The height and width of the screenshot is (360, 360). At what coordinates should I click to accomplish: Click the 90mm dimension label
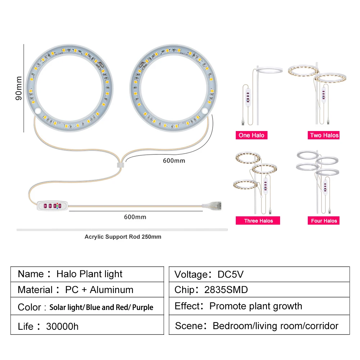coord(19,88)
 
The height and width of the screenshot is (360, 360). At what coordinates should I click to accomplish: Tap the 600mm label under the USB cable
coord(135,217)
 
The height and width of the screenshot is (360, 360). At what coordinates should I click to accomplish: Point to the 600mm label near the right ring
coord(174,160)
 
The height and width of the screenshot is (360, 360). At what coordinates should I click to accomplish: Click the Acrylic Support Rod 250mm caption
coord(123,237)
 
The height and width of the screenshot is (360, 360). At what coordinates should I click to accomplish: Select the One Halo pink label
coord(251,135)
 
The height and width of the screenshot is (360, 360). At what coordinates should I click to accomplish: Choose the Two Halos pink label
coord(324,135)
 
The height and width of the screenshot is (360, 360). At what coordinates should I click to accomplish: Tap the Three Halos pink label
coord(258,221)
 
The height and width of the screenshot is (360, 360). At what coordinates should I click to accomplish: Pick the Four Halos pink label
coord(324,221)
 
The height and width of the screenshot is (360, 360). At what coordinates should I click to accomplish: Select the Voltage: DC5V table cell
coord(259,274)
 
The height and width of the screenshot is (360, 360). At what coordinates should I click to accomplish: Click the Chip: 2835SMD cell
coord(259,290)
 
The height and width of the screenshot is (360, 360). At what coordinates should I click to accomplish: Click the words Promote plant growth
coord(256,306)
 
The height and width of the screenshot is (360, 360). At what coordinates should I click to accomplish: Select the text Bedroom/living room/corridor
coord(275,326)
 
